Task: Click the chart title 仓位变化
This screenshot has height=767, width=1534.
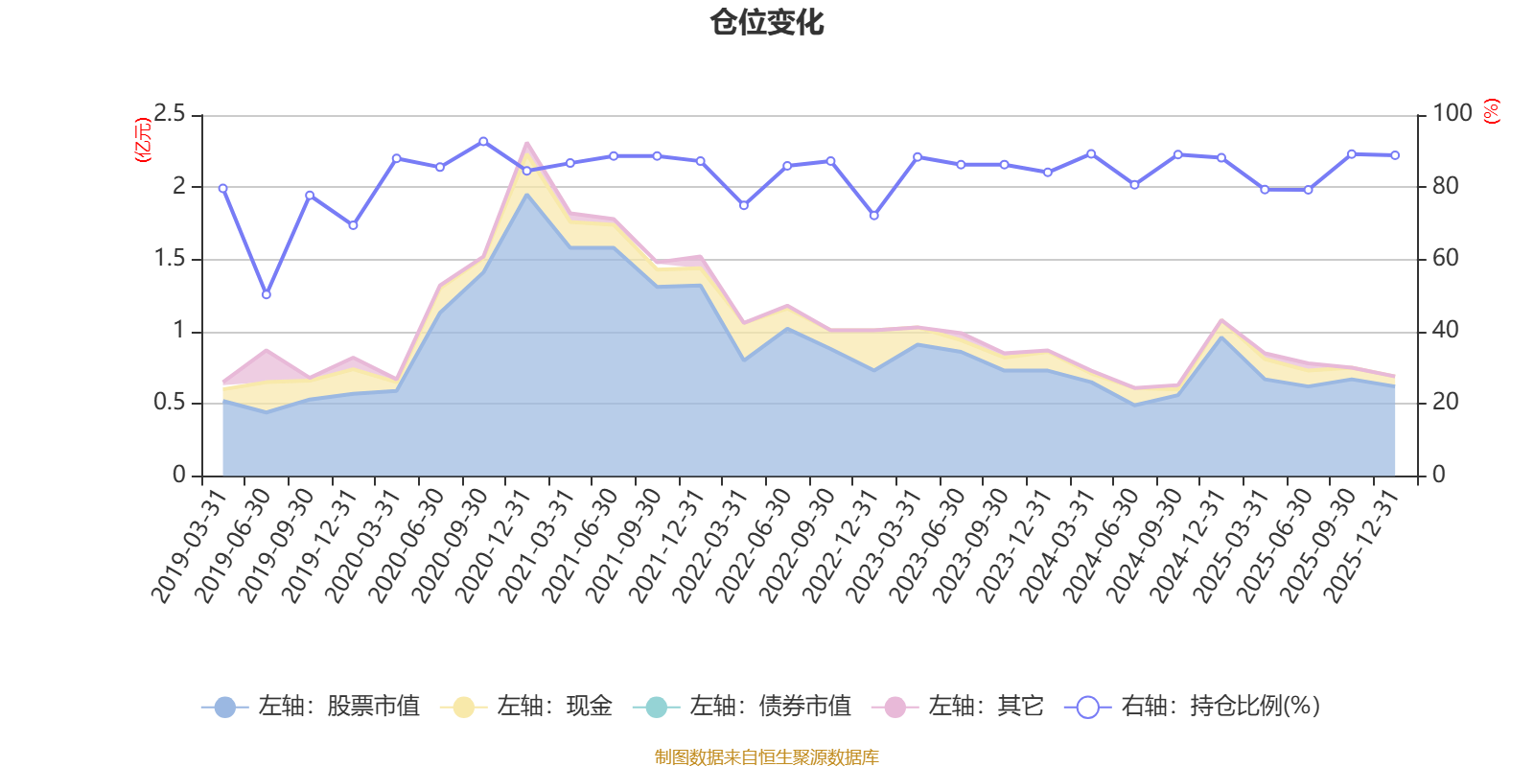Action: (x=767, y=22)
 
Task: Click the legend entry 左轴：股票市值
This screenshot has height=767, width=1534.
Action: (x=311, y=707)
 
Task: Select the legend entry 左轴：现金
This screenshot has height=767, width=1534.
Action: (x=526, y=707)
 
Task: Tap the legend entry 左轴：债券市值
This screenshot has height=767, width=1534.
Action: (x=742, y=707)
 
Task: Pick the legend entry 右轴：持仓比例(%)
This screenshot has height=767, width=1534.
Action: (x=1193, y=707)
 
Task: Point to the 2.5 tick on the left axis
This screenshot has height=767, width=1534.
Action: (x=170, y=114)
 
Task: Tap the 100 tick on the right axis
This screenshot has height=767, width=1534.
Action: (x=1452, y=114)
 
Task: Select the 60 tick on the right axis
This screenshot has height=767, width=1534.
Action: (x=1445, y=259)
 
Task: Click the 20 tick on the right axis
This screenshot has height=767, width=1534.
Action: (x=1445, y=403)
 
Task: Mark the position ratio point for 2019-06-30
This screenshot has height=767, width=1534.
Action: (x=267, y=294)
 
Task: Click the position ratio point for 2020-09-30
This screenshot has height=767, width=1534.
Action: (x=483, y=141)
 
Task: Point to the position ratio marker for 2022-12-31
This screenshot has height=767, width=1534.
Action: (x=873, y=216)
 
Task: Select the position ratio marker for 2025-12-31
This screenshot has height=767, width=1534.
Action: (x=1395, y=155)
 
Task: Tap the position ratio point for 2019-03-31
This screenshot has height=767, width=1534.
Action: (x=222, y=188)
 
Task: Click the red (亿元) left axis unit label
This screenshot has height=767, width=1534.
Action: (x=143, y=140)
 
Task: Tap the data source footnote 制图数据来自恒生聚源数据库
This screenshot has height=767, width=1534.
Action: (x=767, y=757)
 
